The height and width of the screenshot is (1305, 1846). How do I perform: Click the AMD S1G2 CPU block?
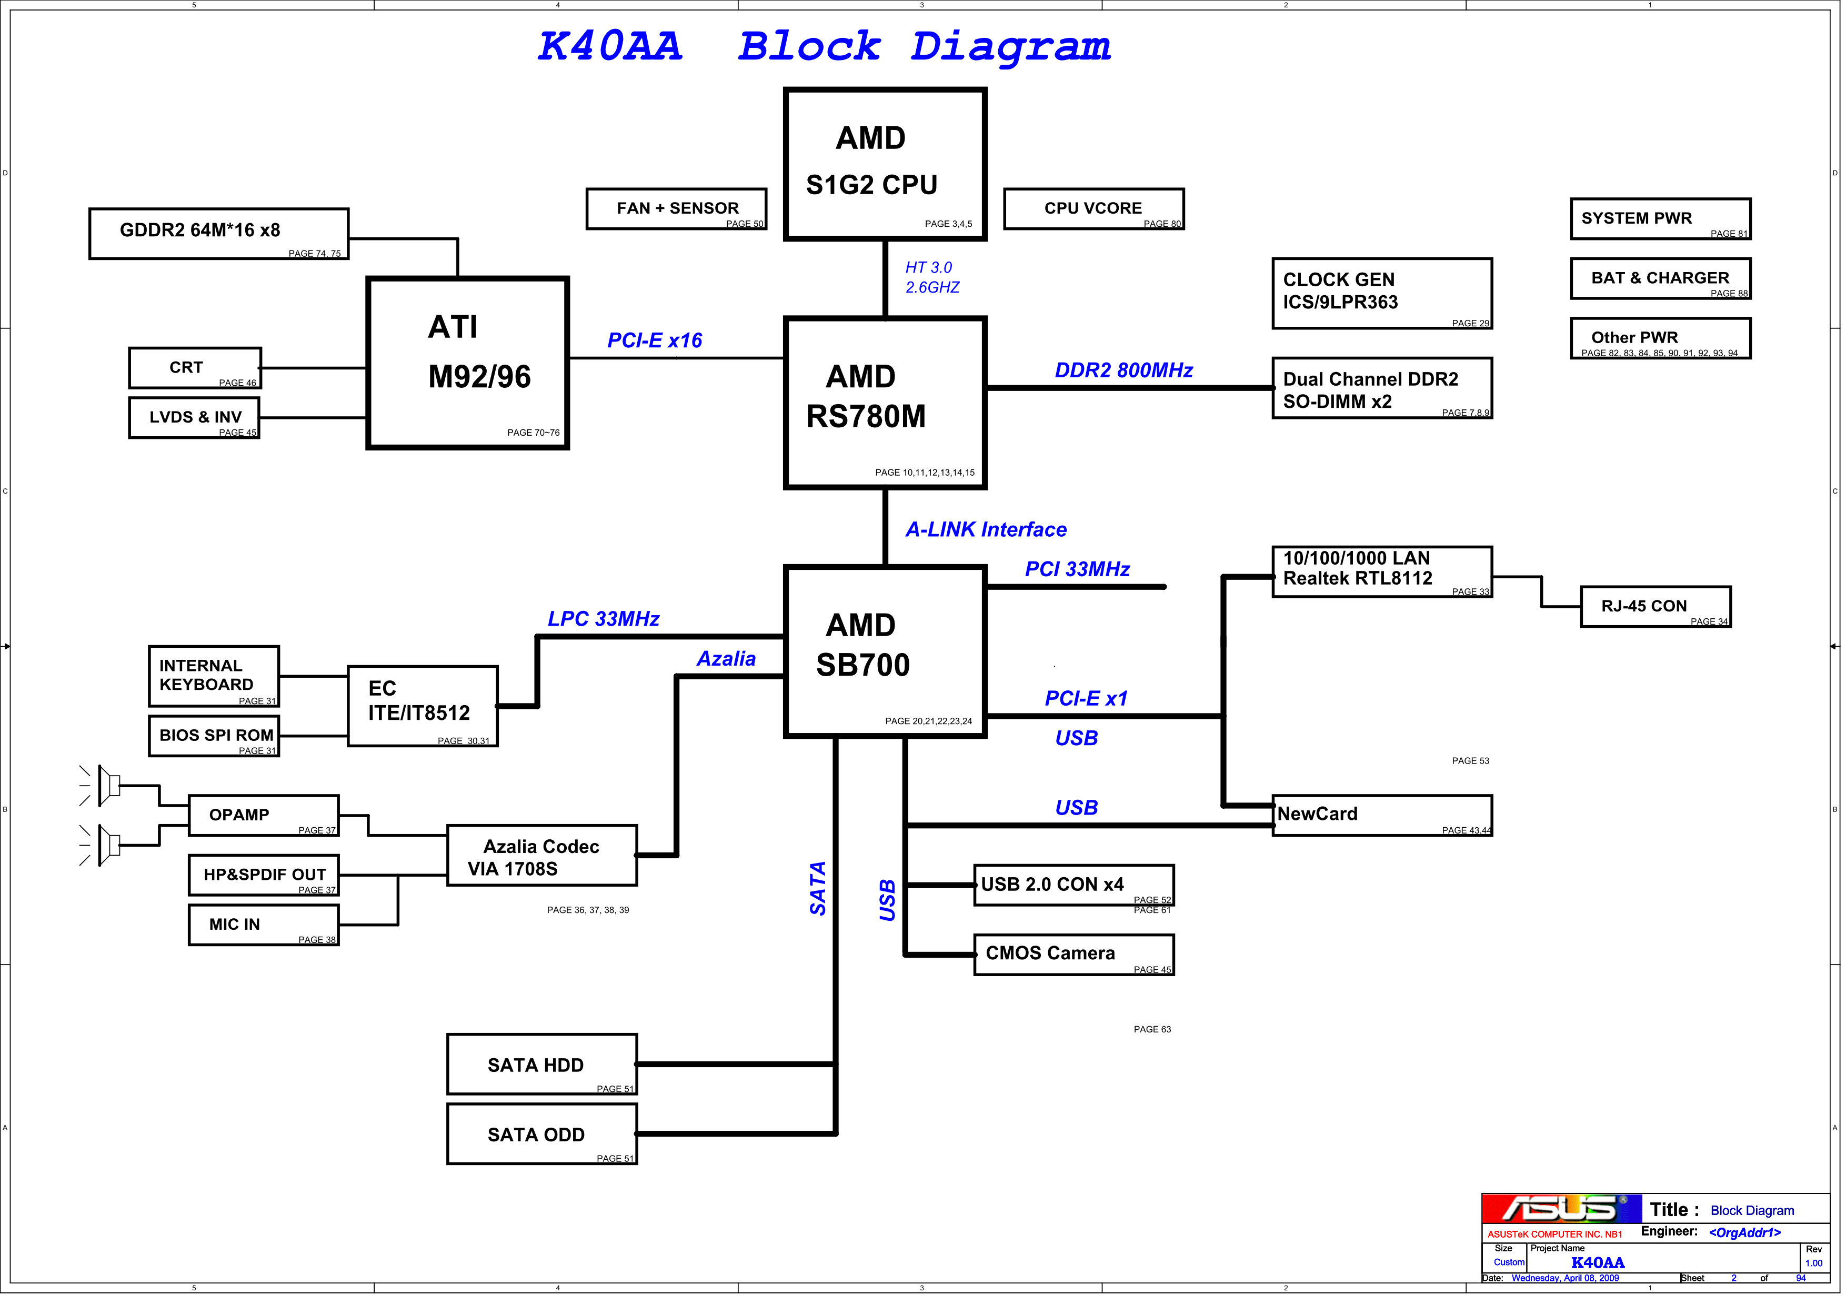[885, 164]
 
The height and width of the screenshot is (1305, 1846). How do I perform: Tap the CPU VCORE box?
[1093, 209]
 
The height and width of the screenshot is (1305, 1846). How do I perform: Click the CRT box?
[195, 368]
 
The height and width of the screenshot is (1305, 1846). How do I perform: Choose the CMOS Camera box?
[1074, 955]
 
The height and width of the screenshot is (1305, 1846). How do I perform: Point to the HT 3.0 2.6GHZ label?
[932, 277]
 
